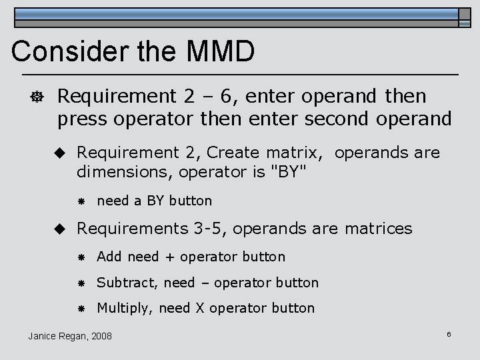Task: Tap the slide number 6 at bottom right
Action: pyautogui.click(x=449, y=333)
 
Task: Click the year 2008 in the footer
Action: pyautogui.click(x=101, y=335)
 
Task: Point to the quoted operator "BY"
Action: pyautogui.click(x=287, y=173)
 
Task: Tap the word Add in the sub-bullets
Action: pyautogui.click(x=110, y=257)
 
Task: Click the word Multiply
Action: pyautogui.click(x=123, y=308)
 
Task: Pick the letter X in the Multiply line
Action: pyautogui.click(x=199, y=308)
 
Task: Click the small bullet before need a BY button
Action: pyautogui.click(x=79, y=201)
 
